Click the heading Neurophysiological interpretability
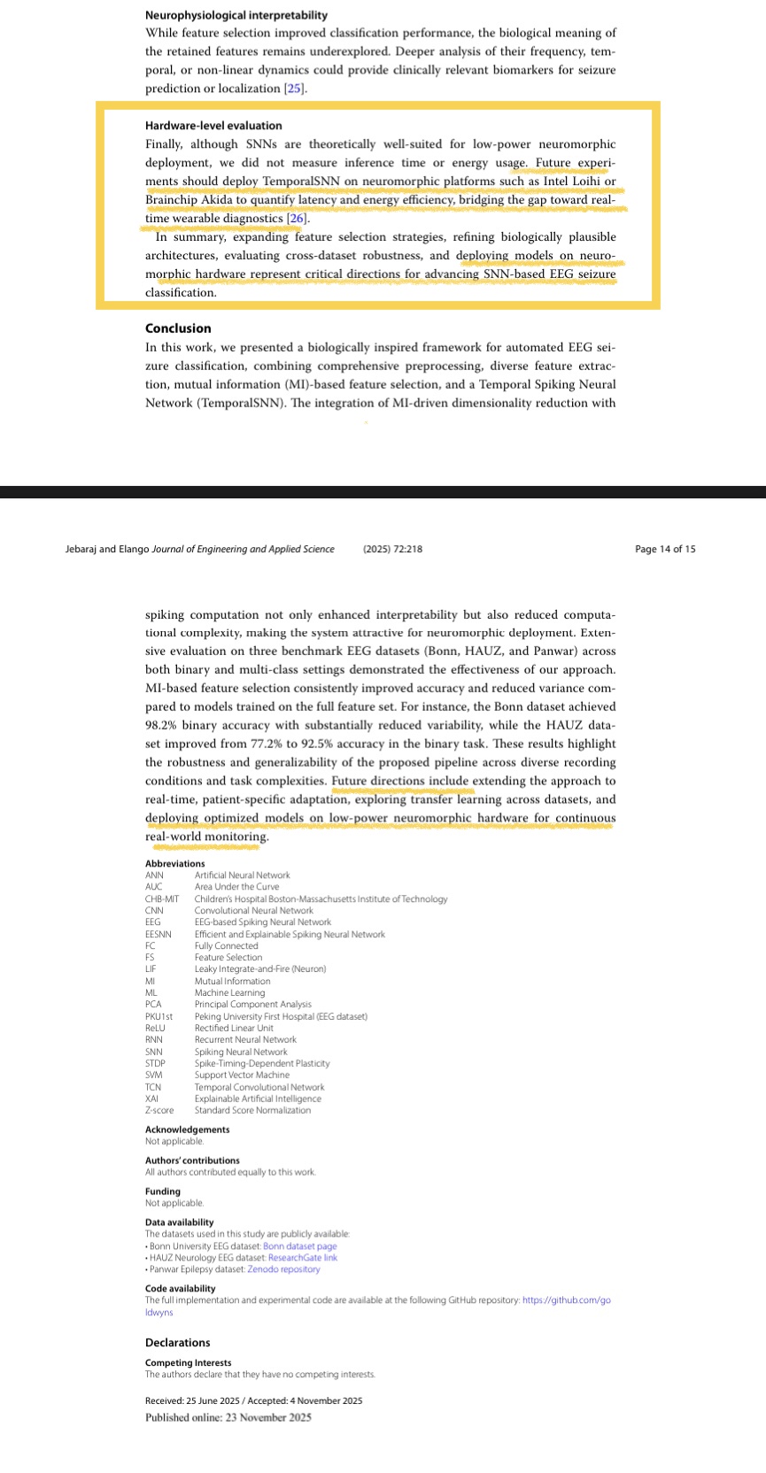[x=236, y=15]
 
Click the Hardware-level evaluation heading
[x=213, y=126]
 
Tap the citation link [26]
[x=298, y=219]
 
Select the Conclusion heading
[x=178, y=328]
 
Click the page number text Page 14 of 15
[x=665, y=549]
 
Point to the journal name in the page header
[x=243, y=549]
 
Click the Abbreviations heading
[x=174, y=863]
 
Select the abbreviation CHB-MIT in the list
[x=162, y=898]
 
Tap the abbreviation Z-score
[x=159, y=1110]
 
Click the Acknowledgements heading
[x=187, y=1130]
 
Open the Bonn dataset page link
[x=299, y=1246]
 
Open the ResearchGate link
[x=302, y=1257]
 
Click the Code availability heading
[x=180, y=1289]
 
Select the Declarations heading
[x=177, y=1343]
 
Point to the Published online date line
[x=228, y=1417]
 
